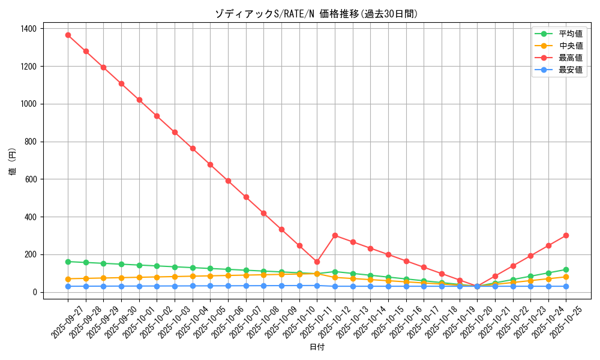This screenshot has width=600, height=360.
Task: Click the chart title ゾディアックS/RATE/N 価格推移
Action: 316,14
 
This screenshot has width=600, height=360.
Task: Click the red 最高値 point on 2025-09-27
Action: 68,35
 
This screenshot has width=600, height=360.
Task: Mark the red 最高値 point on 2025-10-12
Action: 335,235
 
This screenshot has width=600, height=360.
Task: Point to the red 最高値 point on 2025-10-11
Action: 317,262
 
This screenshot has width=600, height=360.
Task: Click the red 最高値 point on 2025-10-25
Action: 566,235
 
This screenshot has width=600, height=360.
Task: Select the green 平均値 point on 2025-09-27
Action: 68,262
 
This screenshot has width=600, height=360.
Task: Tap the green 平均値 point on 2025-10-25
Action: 566,269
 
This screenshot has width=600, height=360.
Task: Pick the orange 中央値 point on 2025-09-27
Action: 68,279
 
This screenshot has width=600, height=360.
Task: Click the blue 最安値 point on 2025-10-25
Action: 566,286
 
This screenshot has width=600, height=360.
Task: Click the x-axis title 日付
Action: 316,347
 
